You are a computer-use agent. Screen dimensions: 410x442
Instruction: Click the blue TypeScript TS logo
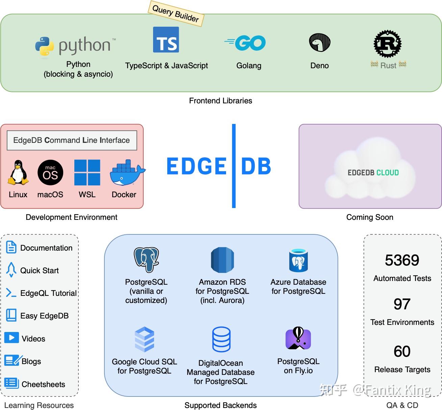click(x=166, y=40)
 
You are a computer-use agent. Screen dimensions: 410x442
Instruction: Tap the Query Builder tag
click(x=176, y=14)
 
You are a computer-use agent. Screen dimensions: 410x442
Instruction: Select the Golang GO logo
click(x=246, y=43)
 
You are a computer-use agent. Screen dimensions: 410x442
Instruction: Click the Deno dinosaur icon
click(x=320, y=43)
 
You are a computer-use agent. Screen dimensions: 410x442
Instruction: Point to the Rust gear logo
click(x=388, y=44)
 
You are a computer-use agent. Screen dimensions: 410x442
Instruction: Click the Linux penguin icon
click(x=18, y=173)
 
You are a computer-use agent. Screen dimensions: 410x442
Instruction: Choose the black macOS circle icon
click(x=50, y=173)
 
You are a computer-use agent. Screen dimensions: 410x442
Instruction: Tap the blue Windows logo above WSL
click(x=87, y=173)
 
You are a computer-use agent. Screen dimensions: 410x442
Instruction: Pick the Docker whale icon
click(x=126, y=173)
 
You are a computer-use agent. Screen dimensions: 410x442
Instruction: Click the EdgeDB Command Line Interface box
click(x=72, y=140)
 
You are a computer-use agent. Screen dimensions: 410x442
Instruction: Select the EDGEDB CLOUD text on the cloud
click(x=373, y=173)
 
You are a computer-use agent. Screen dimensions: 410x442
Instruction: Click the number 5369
click(x=402, y=260)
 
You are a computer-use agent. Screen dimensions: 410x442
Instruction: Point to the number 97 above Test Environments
click(x=402, y=304)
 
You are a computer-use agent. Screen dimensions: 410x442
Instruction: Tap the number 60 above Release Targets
click(x=402, y=352)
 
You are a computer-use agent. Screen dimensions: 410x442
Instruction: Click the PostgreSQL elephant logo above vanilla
click(x=146, y=259)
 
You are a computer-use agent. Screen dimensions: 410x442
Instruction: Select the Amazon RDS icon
click(x=222, y=260)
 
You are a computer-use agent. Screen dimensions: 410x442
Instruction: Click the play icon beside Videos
click(x=11, y=338)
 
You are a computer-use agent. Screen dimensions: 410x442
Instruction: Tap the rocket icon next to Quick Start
click(x=11, y=270)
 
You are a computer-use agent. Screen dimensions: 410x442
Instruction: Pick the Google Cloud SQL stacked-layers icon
click(x=144, y=339)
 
